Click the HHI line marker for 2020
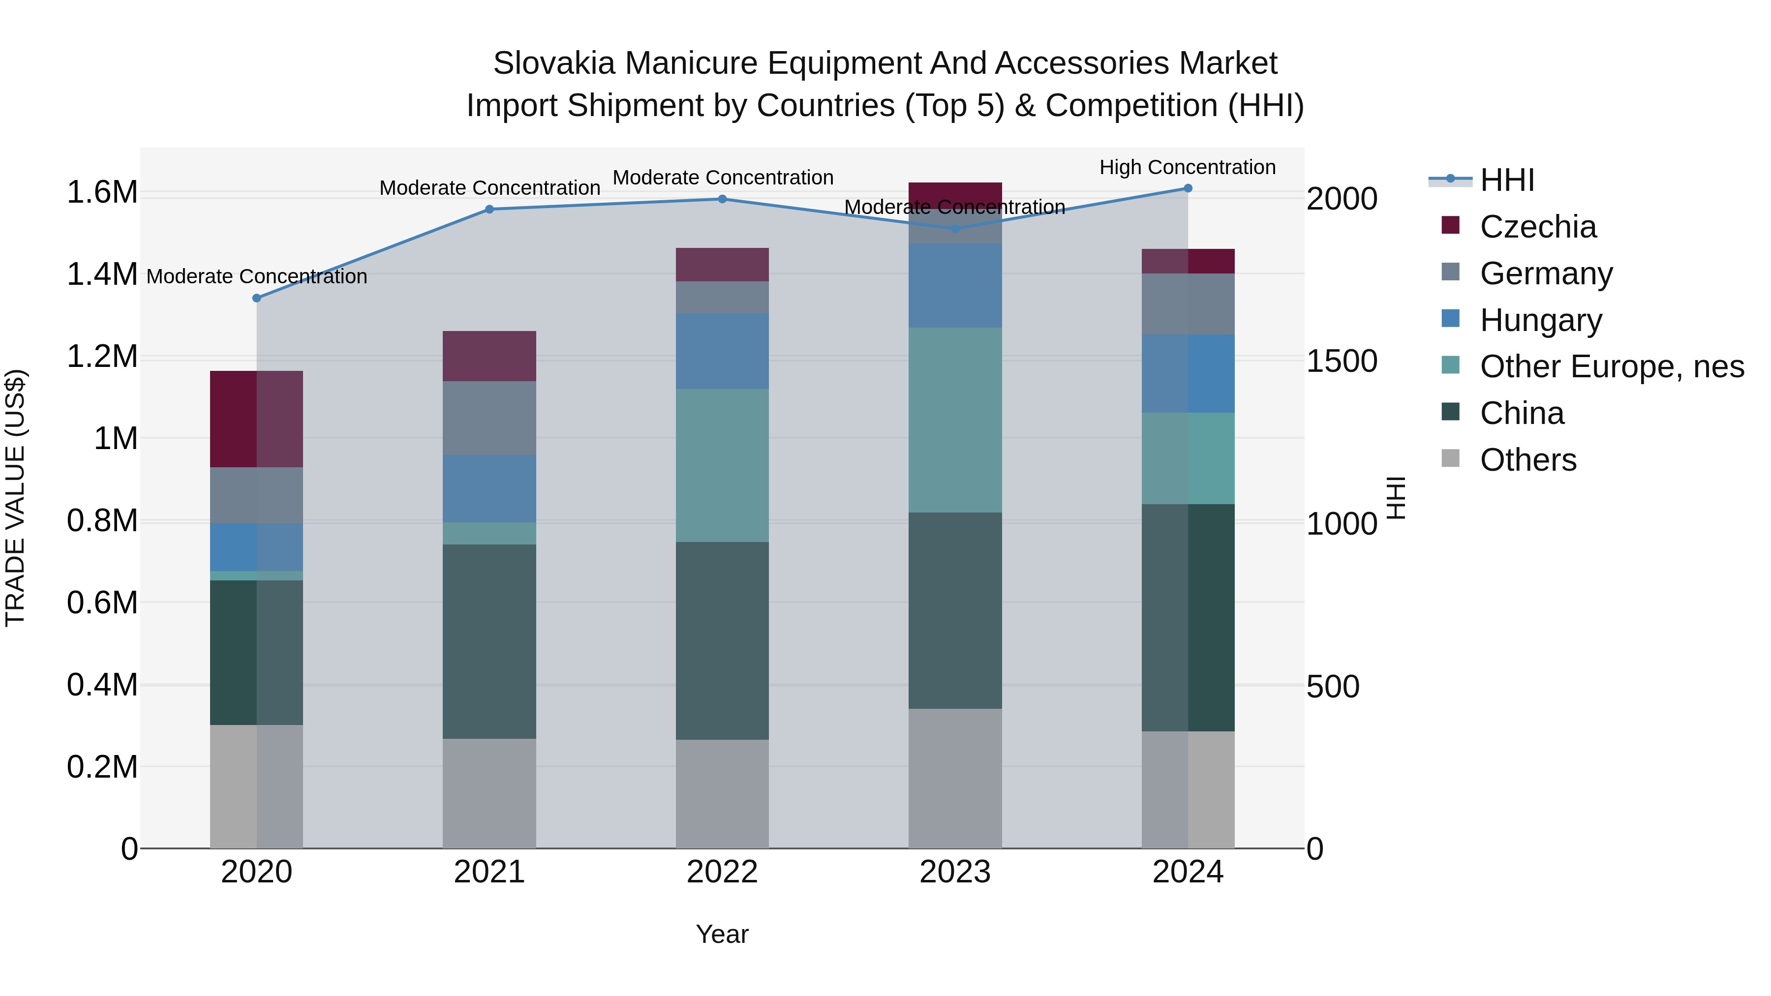pyautogui.click(x=256, y=299)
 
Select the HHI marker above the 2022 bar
pyautogui.click(x=722, y=199)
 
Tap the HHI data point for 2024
pyautogui.click(x=1188, y=188)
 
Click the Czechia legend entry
pyautogui.click(x=1537, y=227)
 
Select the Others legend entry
pyautogui.click(x=1527, y=460)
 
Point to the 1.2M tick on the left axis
pyautogui.click(x=102, y=357)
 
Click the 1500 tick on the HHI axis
pyautogui.click(x=1342, y=362)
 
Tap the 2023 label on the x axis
pyautogui.click(x=955, y=872)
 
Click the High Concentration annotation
pyautogui.click(x=1188, y=167)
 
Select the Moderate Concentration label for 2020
pyautogui.click(x=256, y=276)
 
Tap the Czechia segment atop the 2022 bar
pyautogui.click(x=722, y=265)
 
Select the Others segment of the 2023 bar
pyautogui.click(x=955, y=778)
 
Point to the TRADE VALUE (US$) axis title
pyautogui.click(x=15, y=498)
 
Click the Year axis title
pyautogui.click(x=722, y=934)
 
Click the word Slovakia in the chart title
pyautogui.click(x=553, y=63)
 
